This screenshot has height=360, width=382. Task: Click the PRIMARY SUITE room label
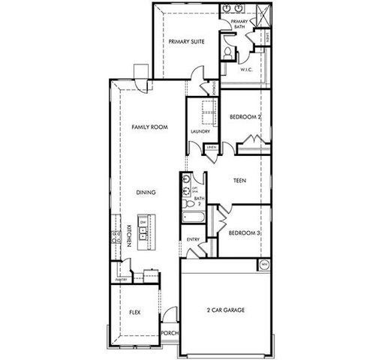click(186, 42)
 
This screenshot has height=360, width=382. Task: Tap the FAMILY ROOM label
click(149, 127)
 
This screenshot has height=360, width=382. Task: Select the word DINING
click(146, 193)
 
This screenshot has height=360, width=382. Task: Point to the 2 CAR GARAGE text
click(226, 309)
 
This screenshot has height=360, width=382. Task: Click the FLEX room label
click(136, 310)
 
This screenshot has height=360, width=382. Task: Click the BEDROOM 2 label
click(245, 118)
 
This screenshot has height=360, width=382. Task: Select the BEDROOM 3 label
click(244, 232)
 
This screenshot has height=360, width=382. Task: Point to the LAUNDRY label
click(200, 131)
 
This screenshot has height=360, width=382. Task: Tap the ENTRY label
click(193, 239)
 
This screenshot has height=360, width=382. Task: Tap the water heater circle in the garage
click(263, 265)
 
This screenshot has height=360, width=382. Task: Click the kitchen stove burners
click(117, 238)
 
